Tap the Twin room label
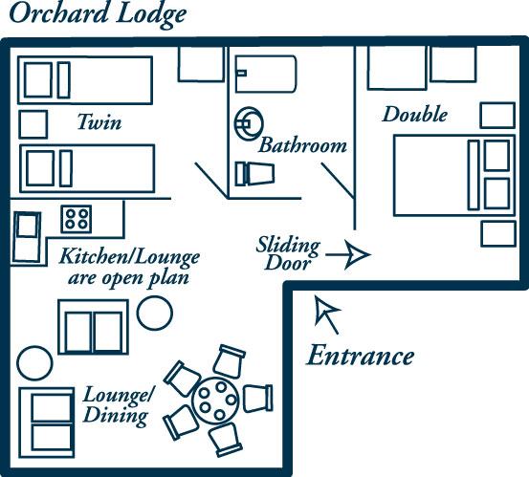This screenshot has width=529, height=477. click(x=99, y=121)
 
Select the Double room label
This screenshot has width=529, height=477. click(x=415, y=114)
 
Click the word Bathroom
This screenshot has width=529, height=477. click(x=302, y=145)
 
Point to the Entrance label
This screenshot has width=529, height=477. click(x=360, y=356)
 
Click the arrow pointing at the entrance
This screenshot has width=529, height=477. click(x=327, y=314)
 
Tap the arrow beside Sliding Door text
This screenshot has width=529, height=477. click(x=348, y=255)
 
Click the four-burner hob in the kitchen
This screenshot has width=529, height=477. click(x=77, y=219)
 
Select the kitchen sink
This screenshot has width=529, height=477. click(x=27, y=237)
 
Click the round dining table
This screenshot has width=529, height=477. click(x=215, y=401)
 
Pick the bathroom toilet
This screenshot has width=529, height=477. click(x=254, y=174)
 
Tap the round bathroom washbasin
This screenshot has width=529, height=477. click(x=249, y=123)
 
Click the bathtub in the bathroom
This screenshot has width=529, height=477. click(x=266, y=75)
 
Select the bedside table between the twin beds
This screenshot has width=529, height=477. click(x=33, y=124)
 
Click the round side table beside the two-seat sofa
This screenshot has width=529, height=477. click(x=155, y=313)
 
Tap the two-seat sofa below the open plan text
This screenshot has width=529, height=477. click(x=93, y=327)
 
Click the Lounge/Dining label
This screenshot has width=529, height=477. click(x=118, y=406)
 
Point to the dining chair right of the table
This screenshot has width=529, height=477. click(x=257, y=399)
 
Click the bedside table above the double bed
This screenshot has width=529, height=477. click(x=497, y=116)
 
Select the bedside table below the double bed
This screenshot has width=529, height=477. click(x=498, y=234)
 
